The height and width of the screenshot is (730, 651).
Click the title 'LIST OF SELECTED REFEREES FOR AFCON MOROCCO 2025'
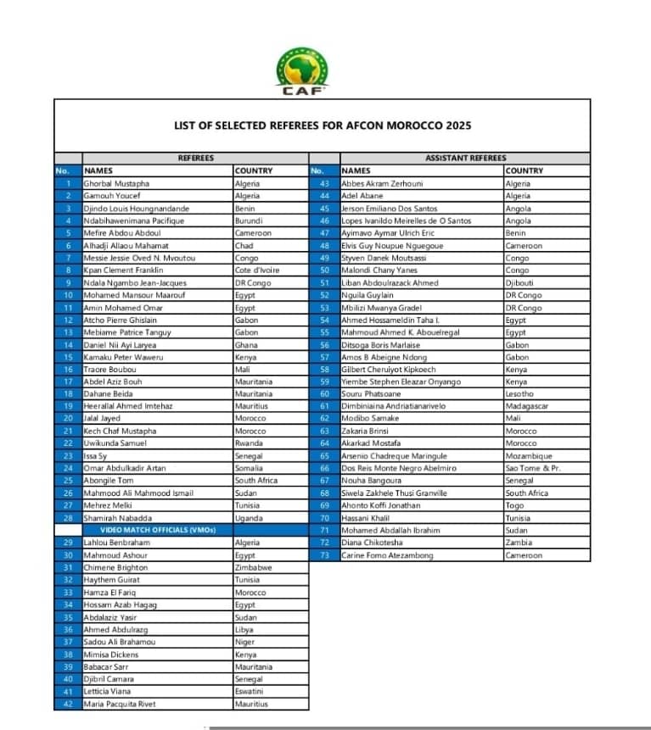click(322, 125)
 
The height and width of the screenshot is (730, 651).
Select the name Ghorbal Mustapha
click(116, 183)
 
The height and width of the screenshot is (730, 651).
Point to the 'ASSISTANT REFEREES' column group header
click(464, 158)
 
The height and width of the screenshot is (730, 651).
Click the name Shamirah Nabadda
click(118, 518)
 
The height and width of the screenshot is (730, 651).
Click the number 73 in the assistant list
click(323, 555)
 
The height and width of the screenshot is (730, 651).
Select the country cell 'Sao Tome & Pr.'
click(533, 468)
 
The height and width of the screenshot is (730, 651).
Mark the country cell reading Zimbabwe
click(253, 567)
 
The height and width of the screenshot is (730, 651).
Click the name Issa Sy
click(94, 456)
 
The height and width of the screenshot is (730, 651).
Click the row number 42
click(68, 704)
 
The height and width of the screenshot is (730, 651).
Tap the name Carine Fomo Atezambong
click(387, 555)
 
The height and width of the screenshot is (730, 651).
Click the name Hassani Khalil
click(366, 518)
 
